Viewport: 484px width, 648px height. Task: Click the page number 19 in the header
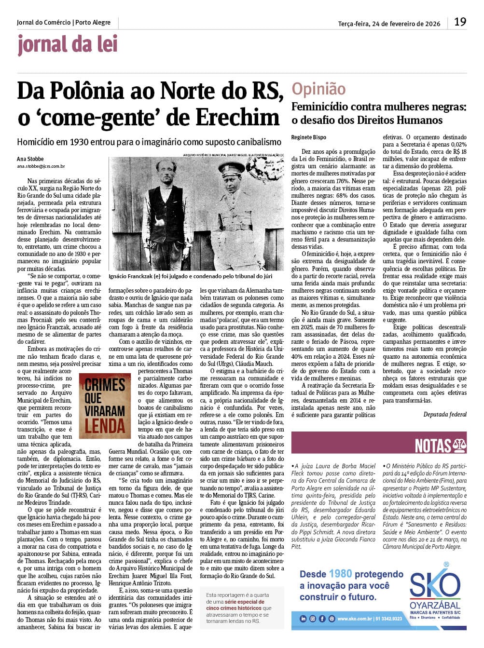pos(460,22)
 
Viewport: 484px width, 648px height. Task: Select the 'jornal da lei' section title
pos(68,44)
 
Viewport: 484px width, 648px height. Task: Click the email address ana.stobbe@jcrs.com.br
pos(41,166)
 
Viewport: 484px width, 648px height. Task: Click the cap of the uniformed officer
pos(235,165)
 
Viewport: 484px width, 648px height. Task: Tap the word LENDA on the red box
pos(105,426)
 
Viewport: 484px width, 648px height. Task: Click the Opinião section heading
pos(318,89)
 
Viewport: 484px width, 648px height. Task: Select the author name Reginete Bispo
pos(309,137)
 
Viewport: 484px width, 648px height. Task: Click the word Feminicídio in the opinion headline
pos(319,107)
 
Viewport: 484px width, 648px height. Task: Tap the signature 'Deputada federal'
pos(445,414)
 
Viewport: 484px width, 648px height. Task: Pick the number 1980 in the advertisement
pos(340,574)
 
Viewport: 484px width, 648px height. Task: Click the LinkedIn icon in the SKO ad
pos(303,619)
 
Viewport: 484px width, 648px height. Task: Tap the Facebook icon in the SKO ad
pos(322,619)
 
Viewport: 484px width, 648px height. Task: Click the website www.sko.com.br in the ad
pos(355,619)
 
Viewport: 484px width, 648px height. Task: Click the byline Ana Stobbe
pos(30,159)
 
